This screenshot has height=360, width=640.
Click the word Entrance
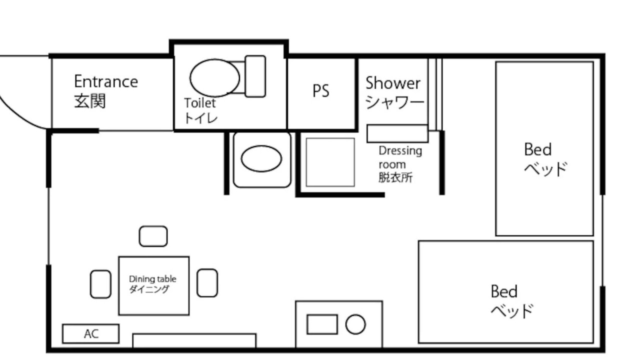pyautogui.click(x=106, y=81)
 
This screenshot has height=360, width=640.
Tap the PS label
pyautogui.click(x=321, y=91)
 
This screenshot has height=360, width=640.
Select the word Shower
pyautogui.click(x=393, y=83)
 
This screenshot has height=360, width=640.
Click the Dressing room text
pyautogui.click(x=400, y=157)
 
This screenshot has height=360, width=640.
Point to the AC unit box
pyautogui.click(x=91, y=333)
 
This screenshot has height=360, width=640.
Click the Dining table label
pyautogui.click(x=152, y=279)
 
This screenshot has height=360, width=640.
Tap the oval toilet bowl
pyautogui.click(x=214, y=78)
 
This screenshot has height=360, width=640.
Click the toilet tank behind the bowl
pyautogui.click(x=255, y=76)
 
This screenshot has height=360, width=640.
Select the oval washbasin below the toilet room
pyautogui.click(x=261, y=158)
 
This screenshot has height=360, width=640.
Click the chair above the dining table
pyautogui.click(x=153, y=236)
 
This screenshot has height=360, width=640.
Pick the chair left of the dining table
pyautogui.click(x=100, y=284)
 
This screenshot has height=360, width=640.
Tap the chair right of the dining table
pyautogui.click(x=207, y=283)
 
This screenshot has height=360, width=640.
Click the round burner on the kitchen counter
pyautogui.click(x=355, y=324)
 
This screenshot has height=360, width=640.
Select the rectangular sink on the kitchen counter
pyautogui.click(x=322, y=324)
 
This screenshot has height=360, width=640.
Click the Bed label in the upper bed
pyautogui.click(x=537, y=149)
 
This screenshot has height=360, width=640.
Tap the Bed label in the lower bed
pyautogui.click(x=504, y=291)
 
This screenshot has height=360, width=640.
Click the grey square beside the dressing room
pyautogui.click(x=330, y=162)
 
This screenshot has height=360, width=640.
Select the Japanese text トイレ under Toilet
pyautogui.click(x=200, y=118)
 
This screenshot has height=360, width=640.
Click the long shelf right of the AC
pyautogui.click(x=194, y=340)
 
